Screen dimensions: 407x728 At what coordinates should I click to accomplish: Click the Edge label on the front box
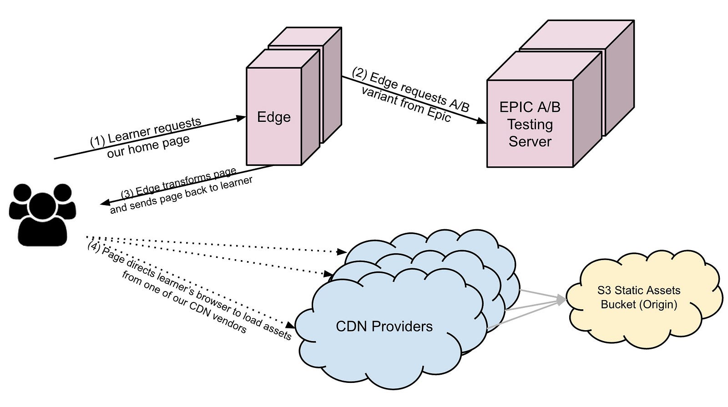click(x=273, y=117)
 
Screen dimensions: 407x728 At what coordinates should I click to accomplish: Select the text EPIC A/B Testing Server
click(x=530, y=124)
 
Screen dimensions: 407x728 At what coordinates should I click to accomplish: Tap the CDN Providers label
click(x=384, y=326)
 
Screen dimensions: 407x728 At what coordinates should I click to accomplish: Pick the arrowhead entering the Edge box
click(x=242, y=118)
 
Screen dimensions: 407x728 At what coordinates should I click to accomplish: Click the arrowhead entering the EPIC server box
click(x=482, y=121)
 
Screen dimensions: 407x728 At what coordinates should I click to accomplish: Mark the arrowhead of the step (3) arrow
click(x=104, y=203)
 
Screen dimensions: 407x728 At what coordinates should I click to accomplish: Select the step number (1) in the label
click(x=97, y=141)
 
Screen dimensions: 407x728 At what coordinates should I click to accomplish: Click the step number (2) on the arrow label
click(x=359, y=73)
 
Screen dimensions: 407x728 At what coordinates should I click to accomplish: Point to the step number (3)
click(x=127, y=193)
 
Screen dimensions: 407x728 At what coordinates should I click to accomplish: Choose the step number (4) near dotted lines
click(x=93, y=247)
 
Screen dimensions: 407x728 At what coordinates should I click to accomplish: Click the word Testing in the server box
click(x=530, y=124)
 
